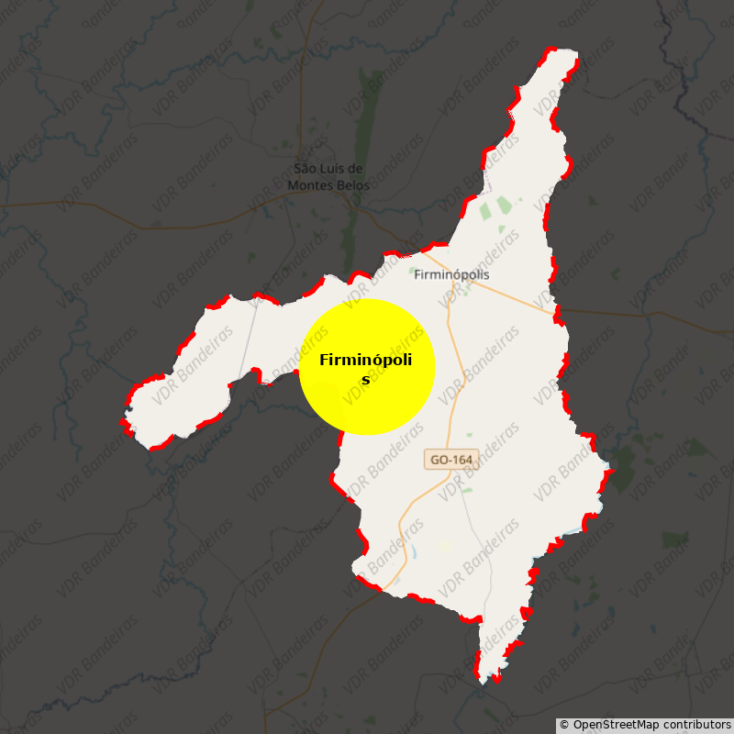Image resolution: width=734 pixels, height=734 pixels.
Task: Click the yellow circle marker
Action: [x=366, y=367]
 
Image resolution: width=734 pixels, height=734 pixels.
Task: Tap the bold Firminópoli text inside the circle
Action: [x=365, y=360]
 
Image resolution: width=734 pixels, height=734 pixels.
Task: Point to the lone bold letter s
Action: [x=365, y=380]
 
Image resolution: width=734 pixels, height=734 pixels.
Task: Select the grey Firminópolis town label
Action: [x=451, y=274]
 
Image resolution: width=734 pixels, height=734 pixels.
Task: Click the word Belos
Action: [x=353, y=185]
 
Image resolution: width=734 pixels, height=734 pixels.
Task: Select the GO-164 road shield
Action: [x=451, y=459]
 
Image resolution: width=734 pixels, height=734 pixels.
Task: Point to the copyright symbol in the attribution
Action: [x=564, y=725]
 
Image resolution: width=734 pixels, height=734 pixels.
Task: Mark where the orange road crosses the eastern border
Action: [x=557, y=315]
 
